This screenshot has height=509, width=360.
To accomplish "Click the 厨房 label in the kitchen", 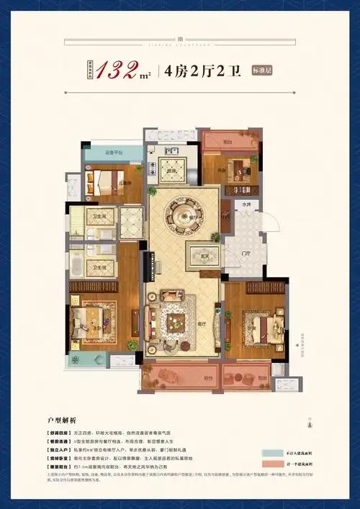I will (173, 170).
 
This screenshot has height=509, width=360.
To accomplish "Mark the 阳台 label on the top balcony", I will (228, 143).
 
